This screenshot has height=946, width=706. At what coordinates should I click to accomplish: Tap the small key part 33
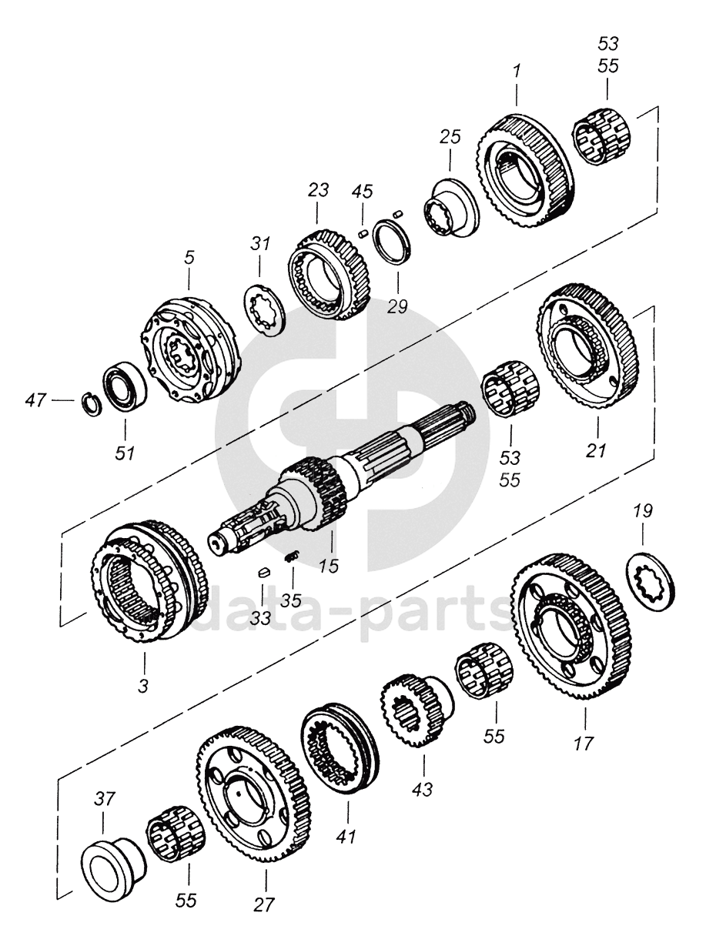(x=262, y=572)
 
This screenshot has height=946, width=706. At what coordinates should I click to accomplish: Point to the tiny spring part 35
(x=291, y=558)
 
